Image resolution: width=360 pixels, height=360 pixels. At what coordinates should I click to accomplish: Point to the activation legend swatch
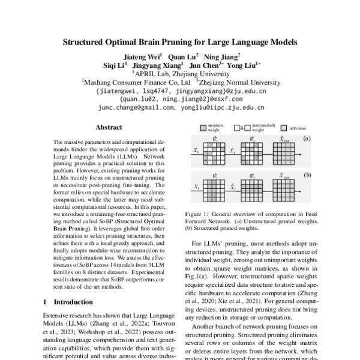(284, 128)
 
